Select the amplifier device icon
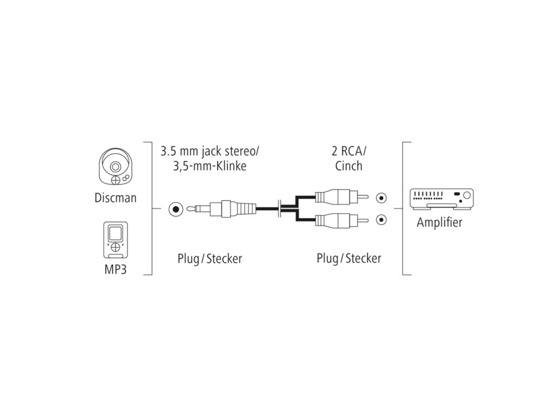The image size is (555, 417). point(442,200)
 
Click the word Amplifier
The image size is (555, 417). point(439,223)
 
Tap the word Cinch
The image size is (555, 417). point(348,166)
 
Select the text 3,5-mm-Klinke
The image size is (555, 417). point(210,166)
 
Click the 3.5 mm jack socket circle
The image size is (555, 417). point(175,208)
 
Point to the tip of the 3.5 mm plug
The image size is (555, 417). point(190,208)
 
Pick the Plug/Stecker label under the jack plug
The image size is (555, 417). point(210,258)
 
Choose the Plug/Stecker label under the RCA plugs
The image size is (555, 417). point(349,258)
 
